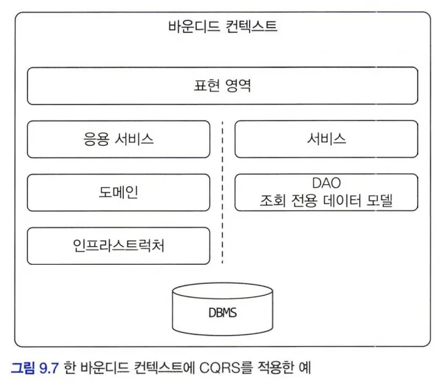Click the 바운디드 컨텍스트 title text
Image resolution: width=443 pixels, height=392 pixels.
tap(223, 28)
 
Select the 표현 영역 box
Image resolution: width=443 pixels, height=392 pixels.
tap(223, 86)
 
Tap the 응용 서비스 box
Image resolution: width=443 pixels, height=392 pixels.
tap(118, 139)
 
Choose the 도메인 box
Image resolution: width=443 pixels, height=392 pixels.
tap(118, 193)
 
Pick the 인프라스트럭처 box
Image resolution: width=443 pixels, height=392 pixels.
tap(118, 246)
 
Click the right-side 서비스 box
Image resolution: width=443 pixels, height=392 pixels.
tap(326, 139)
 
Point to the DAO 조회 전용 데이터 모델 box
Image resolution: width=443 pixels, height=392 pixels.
tap(326, 193)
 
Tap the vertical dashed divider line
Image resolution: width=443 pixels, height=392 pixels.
tap(222, 193)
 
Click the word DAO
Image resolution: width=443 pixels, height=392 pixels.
tap(326, 184)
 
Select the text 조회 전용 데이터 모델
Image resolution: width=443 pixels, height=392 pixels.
tap(326, 202)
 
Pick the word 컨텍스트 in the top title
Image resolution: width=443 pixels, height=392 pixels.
tap(251, 28)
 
